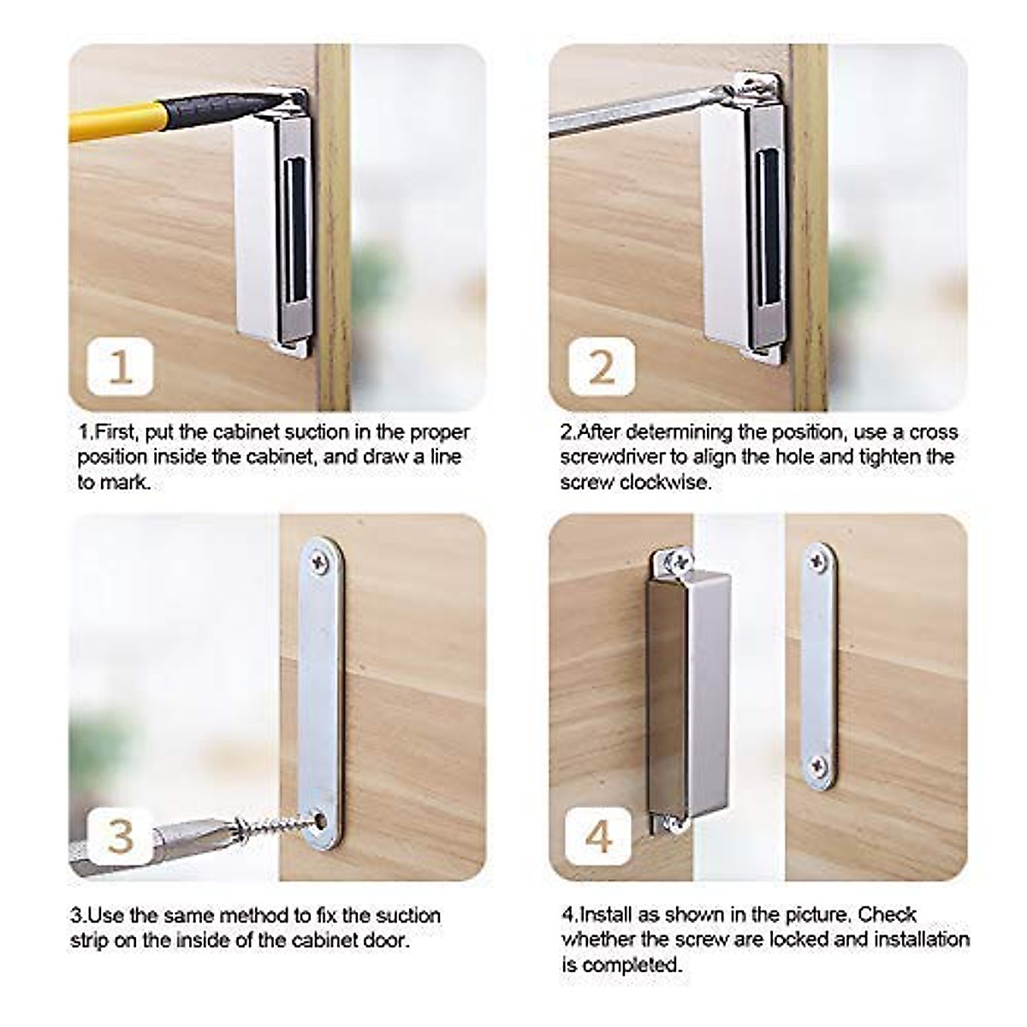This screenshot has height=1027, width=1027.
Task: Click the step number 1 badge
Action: [121, 366]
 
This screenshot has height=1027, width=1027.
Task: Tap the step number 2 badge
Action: [602, 366]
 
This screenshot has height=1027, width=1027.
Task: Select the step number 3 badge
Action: [121, 834]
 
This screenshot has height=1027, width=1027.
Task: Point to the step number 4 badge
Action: [599, 834]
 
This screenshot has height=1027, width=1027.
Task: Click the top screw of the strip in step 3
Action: [319, 562]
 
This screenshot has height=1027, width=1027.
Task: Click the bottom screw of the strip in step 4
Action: [820, 763]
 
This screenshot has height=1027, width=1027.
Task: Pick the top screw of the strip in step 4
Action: [820, 561]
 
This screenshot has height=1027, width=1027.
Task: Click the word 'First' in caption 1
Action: [115, 432]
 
